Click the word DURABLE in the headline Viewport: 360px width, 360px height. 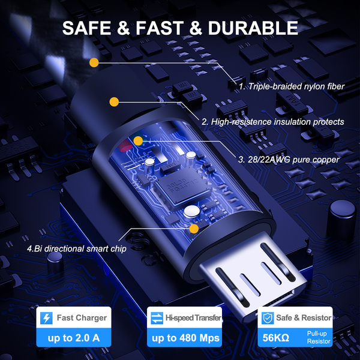click(253, 28)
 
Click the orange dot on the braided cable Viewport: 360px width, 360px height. click(94, 62)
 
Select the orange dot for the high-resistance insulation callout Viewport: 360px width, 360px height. click(114, 102)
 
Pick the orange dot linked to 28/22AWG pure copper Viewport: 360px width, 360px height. click(138, 141)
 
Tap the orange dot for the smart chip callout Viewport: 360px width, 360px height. click(194, 229)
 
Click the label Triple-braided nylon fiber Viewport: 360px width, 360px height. click(292, 86)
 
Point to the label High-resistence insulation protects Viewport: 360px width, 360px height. click(273, 122)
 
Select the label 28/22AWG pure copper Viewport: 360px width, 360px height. click(289, 160)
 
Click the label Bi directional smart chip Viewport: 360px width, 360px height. click(77, 248)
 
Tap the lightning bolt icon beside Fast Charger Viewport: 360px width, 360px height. click(46, 318)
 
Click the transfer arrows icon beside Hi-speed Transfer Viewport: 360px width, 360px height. click(157, 318)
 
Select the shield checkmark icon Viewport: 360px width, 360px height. click(268, 318)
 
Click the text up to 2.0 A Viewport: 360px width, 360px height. click(74, 338)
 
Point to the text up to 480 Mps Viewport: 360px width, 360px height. click(185, 338)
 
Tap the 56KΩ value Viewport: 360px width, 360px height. click(275, 338)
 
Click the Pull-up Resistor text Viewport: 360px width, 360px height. click(319, 337)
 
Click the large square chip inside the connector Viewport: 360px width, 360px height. click(182, 185)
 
